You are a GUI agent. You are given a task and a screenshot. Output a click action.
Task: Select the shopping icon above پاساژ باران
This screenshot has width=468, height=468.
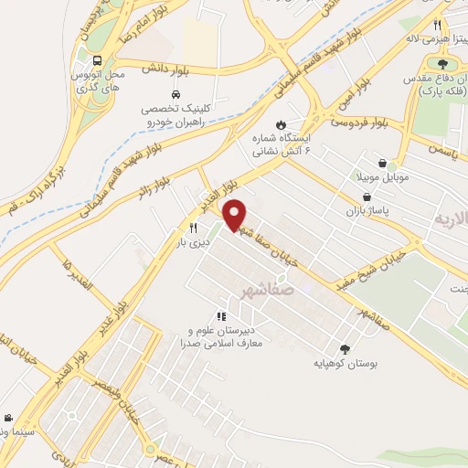[x=367, y=197]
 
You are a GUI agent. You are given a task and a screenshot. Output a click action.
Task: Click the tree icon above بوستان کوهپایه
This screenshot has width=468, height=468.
[x=345, y=348]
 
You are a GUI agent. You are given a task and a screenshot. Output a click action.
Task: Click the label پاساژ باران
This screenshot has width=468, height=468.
[x=367, y=211]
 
